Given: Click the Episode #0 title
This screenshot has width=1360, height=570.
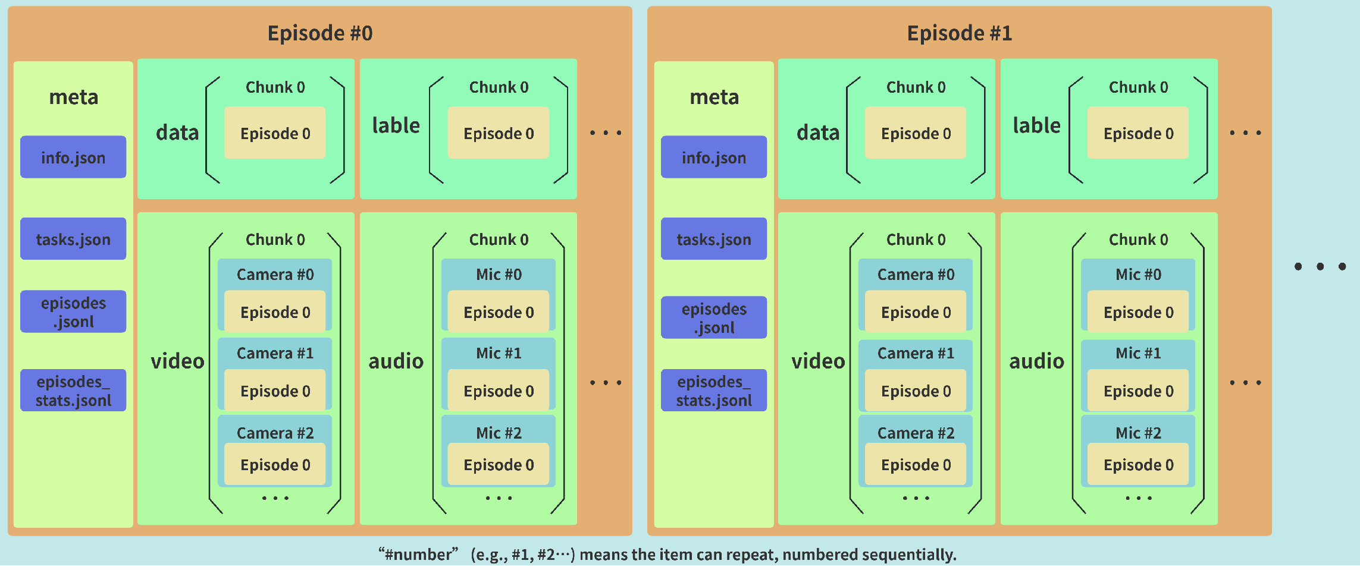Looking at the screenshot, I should [320, 33].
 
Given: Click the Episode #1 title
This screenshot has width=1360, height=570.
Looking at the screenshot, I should [959, 33].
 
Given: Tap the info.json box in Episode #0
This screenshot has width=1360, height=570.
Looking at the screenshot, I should [73, 158].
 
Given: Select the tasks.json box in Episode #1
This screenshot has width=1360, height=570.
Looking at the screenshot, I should [714, 239].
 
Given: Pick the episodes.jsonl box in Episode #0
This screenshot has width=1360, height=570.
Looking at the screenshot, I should [73, 312].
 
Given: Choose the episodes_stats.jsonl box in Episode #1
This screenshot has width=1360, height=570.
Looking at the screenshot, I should [714, 391].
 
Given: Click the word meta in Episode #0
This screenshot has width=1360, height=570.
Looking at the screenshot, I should [73, 97].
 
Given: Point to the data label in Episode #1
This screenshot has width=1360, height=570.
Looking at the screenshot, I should [818, 133].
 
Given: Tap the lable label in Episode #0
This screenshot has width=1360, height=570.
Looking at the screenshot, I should [396, 125].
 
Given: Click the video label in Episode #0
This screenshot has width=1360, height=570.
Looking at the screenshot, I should [177, 361].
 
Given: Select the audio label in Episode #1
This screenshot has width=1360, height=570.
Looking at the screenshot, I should [1036, 361].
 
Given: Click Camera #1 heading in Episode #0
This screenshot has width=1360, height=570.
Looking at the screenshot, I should [275, 353].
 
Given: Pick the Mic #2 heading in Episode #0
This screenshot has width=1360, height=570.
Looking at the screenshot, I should [499, 433].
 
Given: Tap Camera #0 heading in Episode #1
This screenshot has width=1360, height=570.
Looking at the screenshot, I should [916, 274].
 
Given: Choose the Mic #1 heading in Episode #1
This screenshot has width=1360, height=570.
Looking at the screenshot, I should [1138, 353].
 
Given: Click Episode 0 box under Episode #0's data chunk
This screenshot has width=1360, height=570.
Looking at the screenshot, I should [275, 133].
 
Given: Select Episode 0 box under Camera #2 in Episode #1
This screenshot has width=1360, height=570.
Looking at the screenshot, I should [916, 465].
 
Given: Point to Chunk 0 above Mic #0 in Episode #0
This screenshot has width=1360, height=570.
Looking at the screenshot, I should [499, 240].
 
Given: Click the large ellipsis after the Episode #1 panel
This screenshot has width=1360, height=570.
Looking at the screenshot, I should [1320, 266].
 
